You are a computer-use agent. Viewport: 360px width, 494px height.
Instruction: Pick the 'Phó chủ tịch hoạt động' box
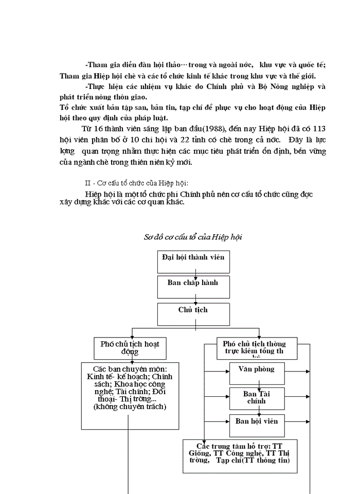(131, 348)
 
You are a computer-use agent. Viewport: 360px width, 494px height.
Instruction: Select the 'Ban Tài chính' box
(257, 397)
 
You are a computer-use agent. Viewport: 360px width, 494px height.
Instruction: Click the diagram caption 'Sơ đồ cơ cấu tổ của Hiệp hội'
(193, 237)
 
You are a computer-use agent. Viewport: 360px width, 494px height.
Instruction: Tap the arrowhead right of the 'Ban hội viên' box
(308, 422)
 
